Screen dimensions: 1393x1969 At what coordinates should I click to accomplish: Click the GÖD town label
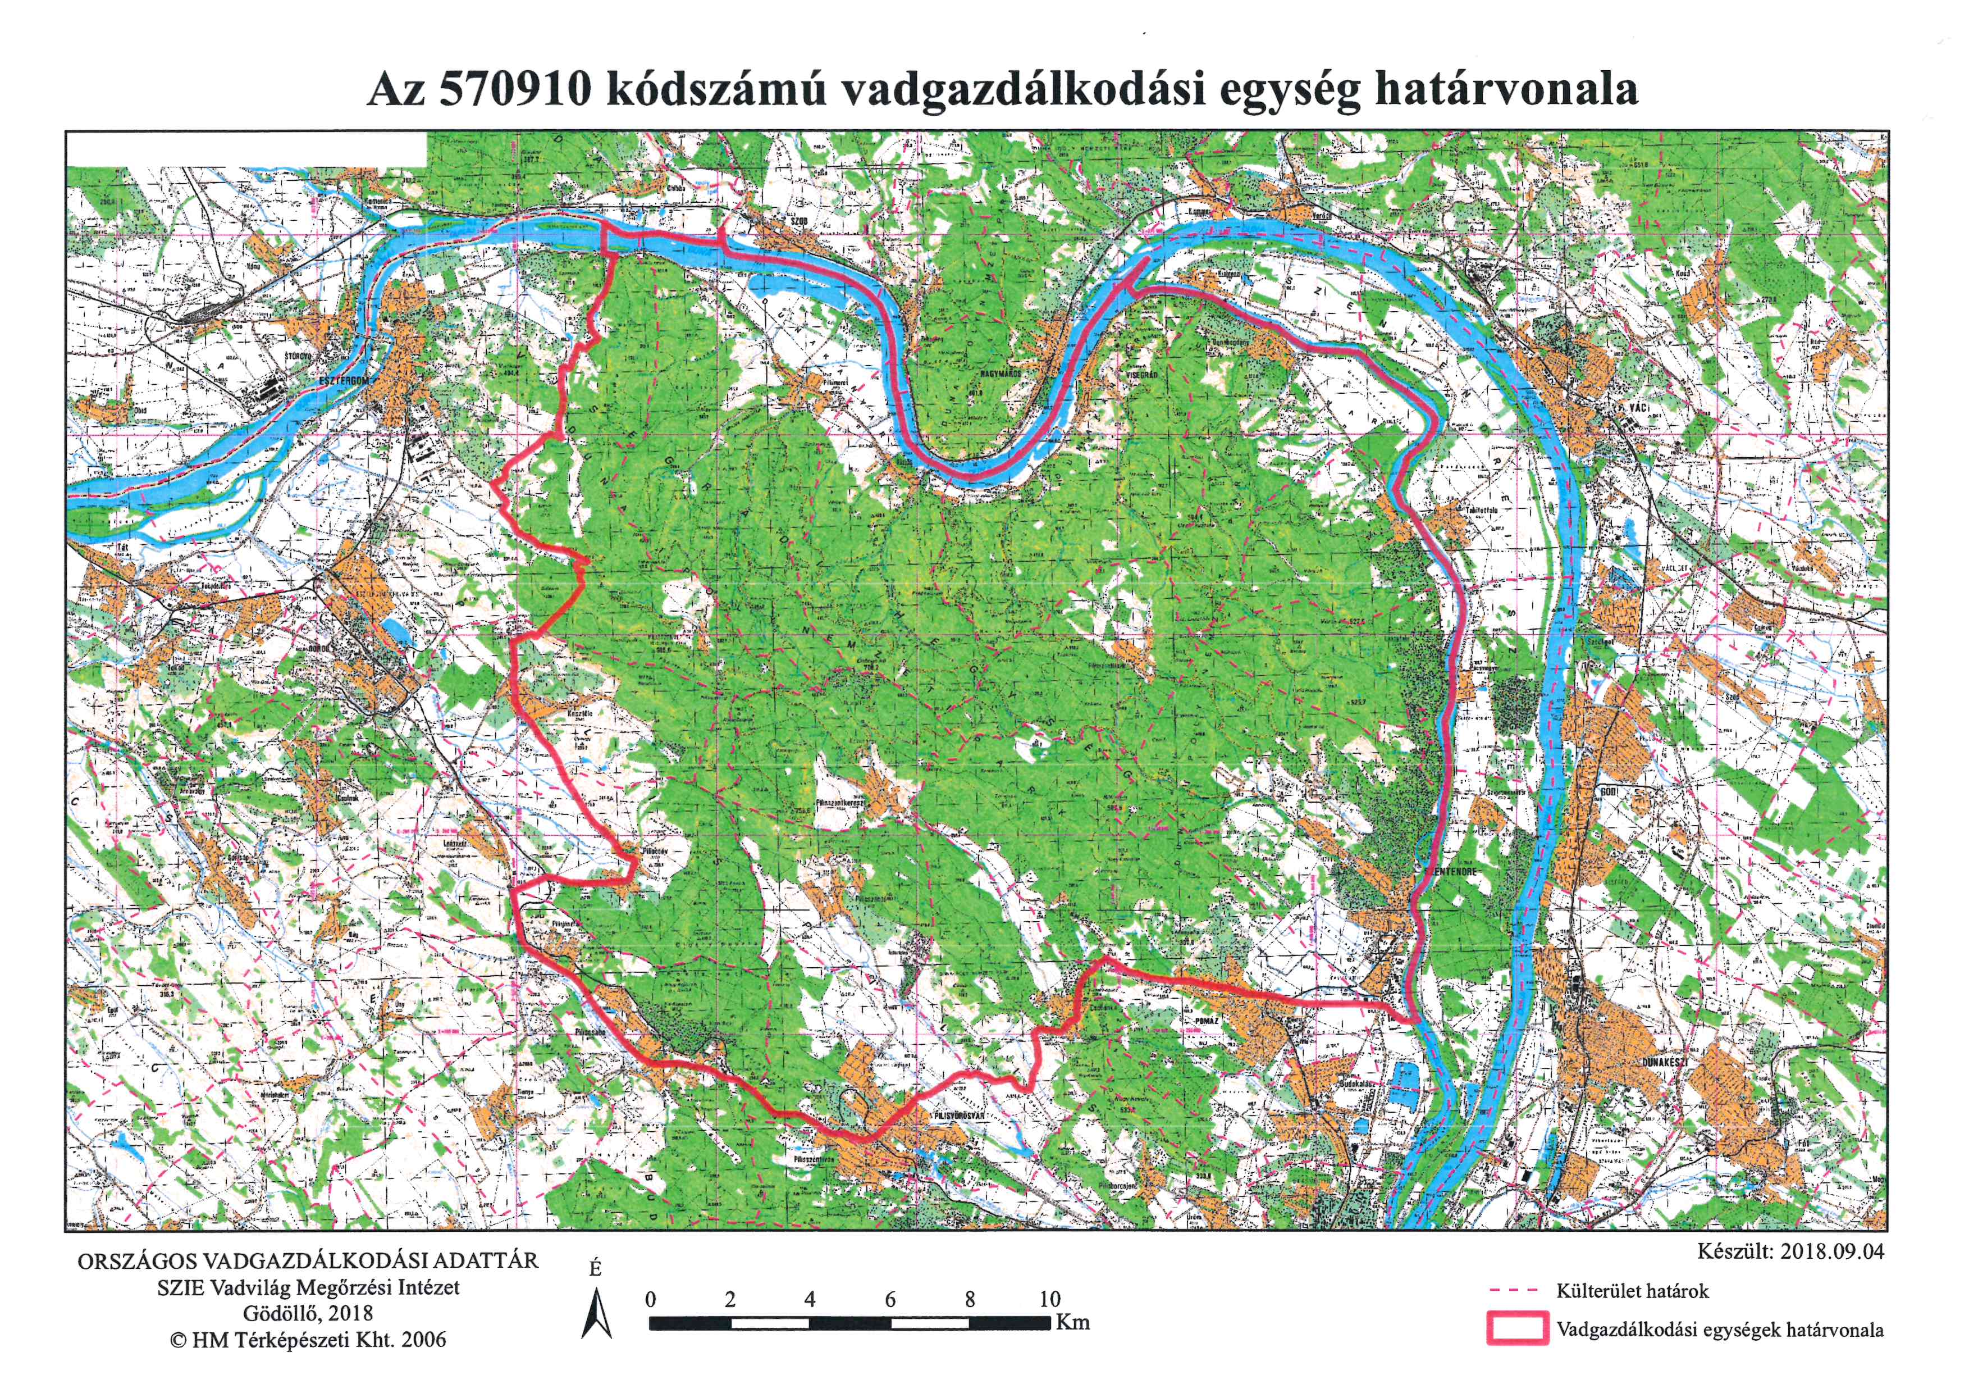(x=1608, y=792)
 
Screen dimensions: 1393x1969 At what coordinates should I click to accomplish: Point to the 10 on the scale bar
(x=1050, y=1299)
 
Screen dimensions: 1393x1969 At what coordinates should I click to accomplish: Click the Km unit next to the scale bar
(x=1073, y=1322)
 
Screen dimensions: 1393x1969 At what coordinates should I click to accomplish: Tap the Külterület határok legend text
(x=1632, y=1290)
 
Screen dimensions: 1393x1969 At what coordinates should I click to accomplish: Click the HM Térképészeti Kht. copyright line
(x=308, y=1340)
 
